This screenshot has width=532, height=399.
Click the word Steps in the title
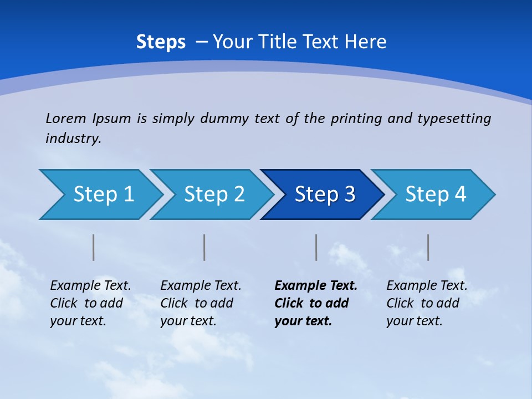coord(161,42)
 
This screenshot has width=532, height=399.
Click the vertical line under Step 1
coord(94,247)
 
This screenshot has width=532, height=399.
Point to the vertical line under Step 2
coord(204,247)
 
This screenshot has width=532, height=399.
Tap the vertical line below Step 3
coord(316,247)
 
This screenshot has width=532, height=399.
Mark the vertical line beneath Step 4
coord(428,247)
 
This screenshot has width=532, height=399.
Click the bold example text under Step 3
coord(315,303)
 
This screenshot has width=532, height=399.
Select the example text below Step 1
coord(90,303)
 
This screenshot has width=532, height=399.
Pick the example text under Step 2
coord(201,303)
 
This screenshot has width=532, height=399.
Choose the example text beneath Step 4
coord(427,303)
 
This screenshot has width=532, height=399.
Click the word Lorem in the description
coord(66,119)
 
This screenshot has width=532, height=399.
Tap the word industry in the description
coord(73,139)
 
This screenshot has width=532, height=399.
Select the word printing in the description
coord(356,119)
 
